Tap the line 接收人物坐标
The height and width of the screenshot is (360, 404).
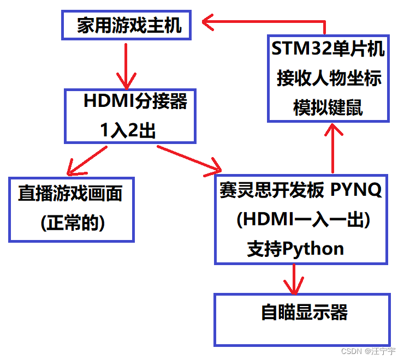coord(329,78)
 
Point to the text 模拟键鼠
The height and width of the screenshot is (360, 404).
coord(328,107)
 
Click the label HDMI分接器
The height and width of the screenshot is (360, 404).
coord(135,101)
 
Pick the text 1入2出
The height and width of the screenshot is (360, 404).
coord(128,130)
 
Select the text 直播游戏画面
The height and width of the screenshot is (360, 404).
coord(70,194)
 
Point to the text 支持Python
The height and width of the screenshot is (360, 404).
coord(295,249)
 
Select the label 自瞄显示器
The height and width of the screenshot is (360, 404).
coord(305,313)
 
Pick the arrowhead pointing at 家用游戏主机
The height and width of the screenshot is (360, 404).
coord(210,22)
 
